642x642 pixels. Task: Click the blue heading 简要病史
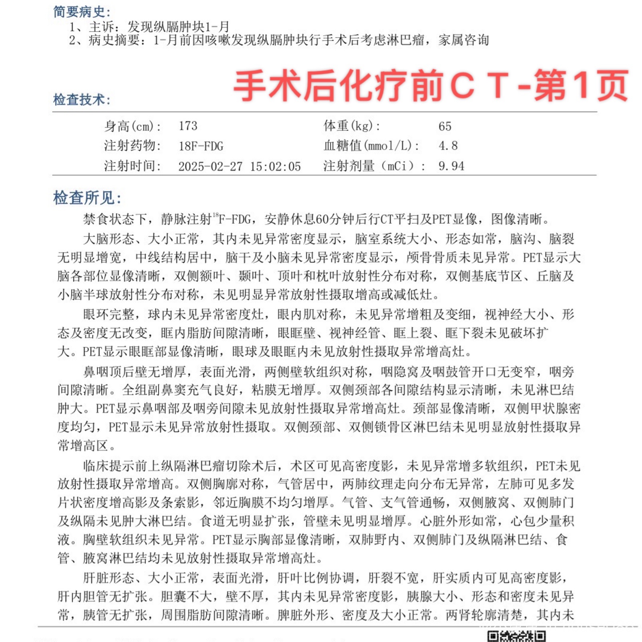81,12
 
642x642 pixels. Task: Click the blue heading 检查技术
81,99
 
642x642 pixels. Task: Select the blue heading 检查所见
87,198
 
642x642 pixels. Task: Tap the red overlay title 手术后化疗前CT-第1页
430,85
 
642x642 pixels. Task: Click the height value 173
188,126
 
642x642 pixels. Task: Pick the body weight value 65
445,127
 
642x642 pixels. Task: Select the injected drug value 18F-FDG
201,146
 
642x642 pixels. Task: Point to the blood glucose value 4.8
448,146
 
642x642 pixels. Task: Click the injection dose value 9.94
451,166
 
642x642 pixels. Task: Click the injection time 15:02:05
275,167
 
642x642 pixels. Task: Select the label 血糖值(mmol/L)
371,146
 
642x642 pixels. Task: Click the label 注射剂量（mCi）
374,166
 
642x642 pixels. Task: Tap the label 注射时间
132,166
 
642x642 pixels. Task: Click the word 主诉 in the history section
101,27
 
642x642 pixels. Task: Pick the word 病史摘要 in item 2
114,40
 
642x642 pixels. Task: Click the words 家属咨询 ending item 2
463,40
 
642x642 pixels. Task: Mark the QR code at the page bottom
516,636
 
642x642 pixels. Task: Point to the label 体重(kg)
352,126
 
